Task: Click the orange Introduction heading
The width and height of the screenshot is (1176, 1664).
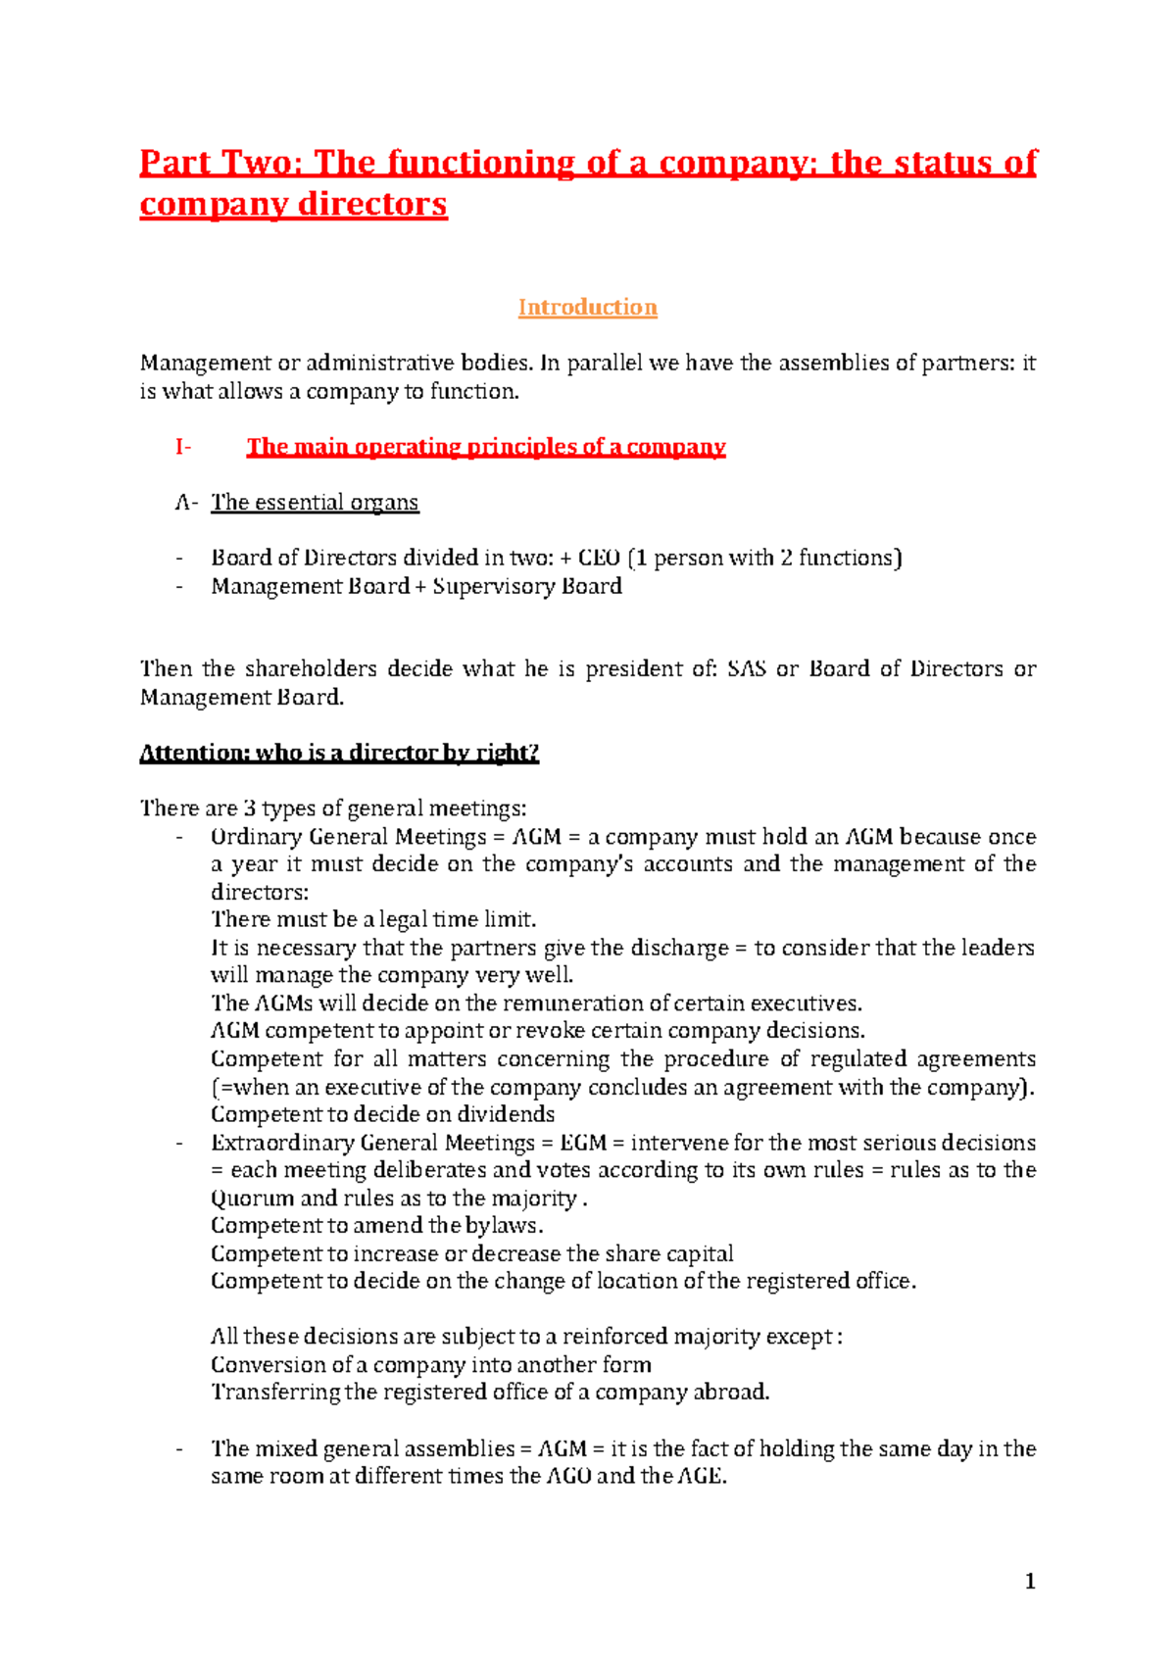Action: tap(587, 308)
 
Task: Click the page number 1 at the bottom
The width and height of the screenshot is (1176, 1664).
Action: tap(1029, 1581)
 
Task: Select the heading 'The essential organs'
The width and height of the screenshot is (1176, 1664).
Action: tap(315, 503)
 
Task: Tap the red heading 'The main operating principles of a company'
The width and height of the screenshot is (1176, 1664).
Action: tap(485, 448)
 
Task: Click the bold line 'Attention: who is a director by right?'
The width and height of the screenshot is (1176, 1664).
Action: tap(339, 753)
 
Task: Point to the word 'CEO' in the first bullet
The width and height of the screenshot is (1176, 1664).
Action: tap(599, 559)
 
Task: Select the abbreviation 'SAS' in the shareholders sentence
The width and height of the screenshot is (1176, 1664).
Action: tap(747, 669)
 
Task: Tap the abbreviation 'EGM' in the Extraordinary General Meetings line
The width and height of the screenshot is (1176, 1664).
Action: tap(583, 1143)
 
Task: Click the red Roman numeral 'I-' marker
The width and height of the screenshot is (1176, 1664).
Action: tap(182, 448)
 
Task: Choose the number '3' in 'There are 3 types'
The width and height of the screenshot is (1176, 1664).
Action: tap(250, 808)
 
